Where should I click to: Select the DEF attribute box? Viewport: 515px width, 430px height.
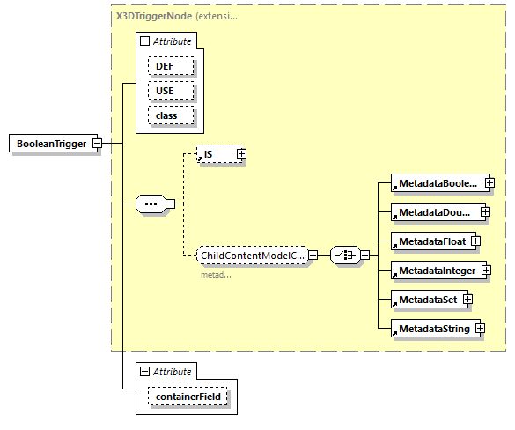pyautogui.click(x=165, y=66)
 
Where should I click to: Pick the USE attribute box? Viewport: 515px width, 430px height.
pyautogui.click(x=165, y=91)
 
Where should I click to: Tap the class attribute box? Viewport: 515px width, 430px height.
pyautogui.click(x=166, y=115)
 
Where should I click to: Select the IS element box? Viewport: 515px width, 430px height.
pyautogui.click(x=215, y=154)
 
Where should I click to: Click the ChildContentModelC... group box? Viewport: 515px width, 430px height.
pyautogui.click(x=251, y=256)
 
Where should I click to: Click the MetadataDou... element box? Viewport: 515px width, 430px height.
pyautogui.click(x=433, y=212)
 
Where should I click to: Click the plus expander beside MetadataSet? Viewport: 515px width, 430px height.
pyautogui.click(x=467, y=299)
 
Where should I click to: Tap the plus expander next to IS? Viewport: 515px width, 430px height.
pyautogui.click(x=240, y=154)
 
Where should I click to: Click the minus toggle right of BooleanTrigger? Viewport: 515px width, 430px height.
pyautogui.click(x=98, y=144)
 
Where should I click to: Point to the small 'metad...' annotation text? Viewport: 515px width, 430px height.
pyautogui.click(x=216, y=274)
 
